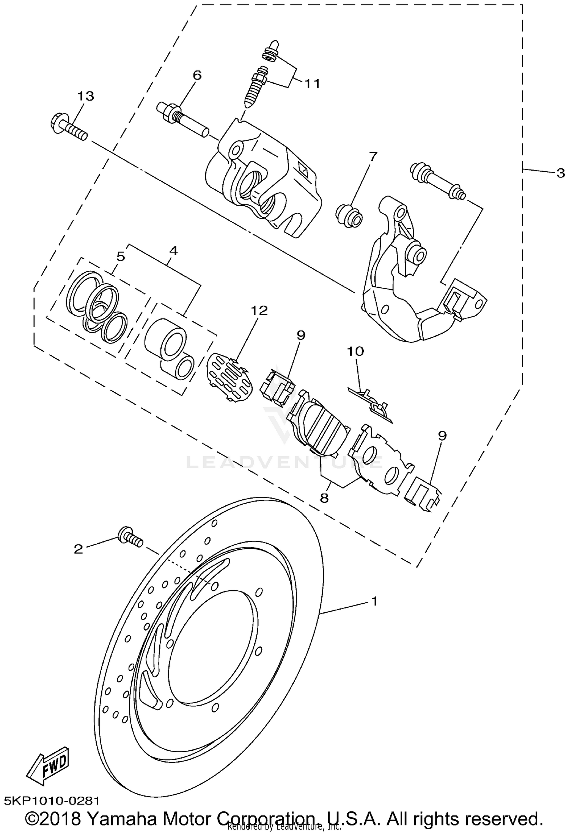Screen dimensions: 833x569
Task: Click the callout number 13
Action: pyautogui.click(x=86, y=97)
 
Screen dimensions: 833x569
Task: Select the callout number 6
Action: pyautogui.click(x=197, y=75)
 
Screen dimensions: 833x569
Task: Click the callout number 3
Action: pyautogui.click(x=560, y=174)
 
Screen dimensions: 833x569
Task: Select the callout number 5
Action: pyautogui.click(x=120, y=257)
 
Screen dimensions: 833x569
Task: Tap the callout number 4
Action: pyautogui.click(x=173, y=250)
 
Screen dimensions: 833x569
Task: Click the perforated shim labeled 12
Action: pyautogui.click(x=230, y=376)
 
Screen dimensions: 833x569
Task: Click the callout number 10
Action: pyautogui.click(x=355, y=351)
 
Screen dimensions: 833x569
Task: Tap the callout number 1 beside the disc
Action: pyautogui.click(x=374, y=601)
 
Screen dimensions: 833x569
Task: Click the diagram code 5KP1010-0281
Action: pyautogui.click(x=52, y=801)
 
